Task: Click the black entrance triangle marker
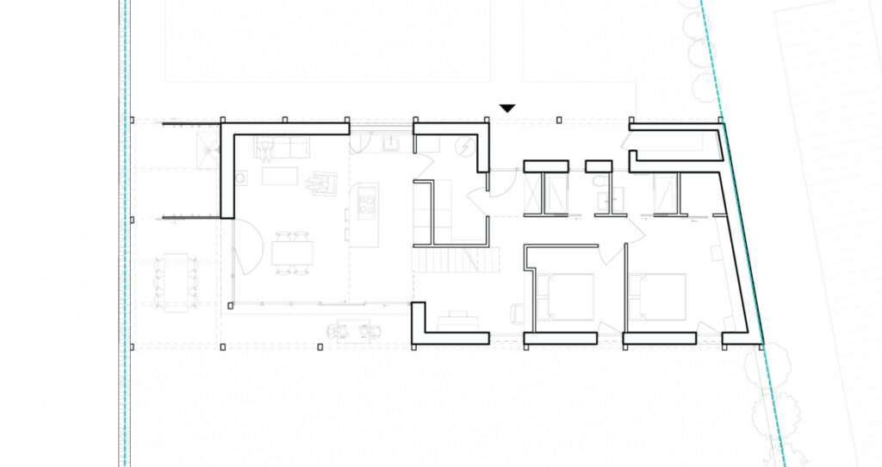coord(508,108)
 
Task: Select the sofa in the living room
coord(283,148)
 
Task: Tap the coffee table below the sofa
coord(279,176)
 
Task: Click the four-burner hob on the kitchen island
coord(366,205)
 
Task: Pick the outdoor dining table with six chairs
coord(176,279)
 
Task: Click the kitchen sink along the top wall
coord(391,141)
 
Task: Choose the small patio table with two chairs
coord(352,330)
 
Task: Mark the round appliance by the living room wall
coord(242,178)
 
